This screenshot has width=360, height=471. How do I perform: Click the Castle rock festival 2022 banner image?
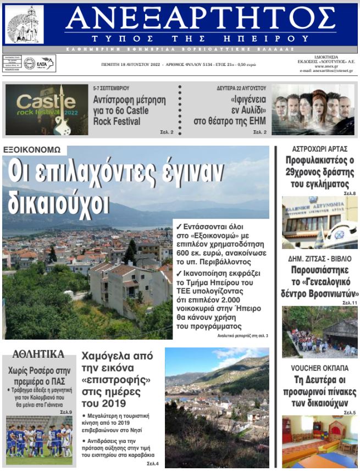(x=47, y=110)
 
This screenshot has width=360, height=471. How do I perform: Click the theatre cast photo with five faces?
(x=313, y=109)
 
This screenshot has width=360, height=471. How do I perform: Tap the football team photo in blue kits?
(x=39, y=440)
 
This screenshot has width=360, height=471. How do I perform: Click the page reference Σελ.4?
(x=153, y=464)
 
